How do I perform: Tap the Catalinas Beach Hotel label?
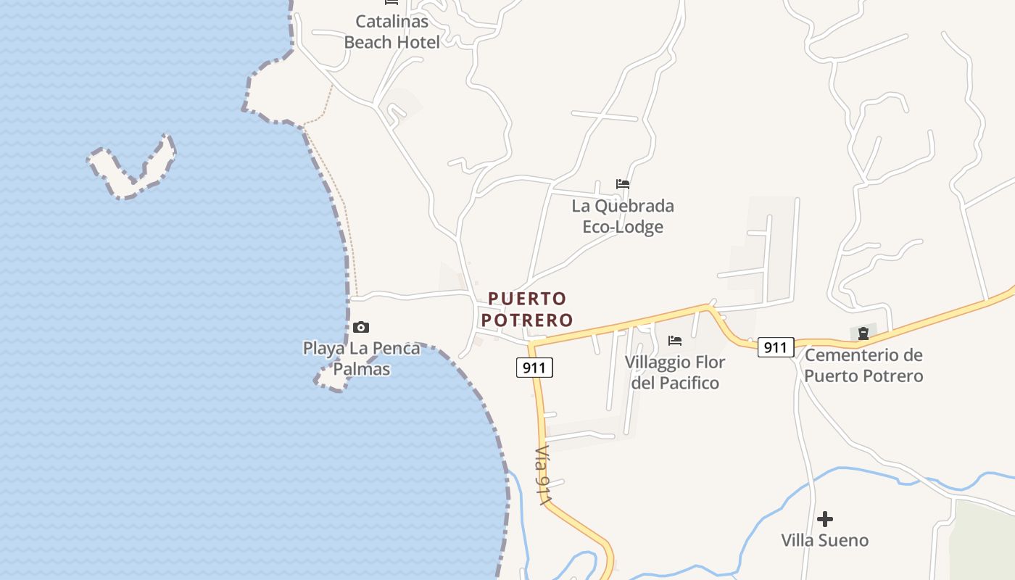pyautogui.click(x=391, y=32)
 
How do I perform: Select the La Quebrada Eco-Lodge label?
pyautogui.click(x=623, y=216)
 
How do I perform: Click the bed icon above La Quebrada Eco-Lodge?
pyautogui.click(x=623, y=184)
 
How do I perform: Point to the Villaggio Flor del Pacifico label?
pyautogui.click(x=675, y=372)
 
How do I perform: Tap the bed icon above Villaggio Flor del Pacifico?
pyautogui.click(x=675, y=340)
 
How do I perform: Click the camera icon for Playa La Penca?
pyautogui.click(x=361, y=327)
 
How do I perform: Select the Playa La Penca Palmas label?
pyautogui.click(x=361, y=359)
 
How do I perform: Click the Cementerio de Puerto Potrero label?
pyautogui.click(x=863, y=365)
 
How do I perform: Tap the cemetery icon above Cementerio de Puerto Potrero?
pyautogui.click(x=863, y=333)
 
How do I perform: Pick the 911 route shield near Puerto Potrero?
pyautogui.click(x=535, y=368)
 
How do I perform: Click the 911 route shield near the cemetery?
pyautogui.click(x=776, y=347)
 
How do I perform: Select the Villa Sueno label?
pyautogui.click(x=824, y=540)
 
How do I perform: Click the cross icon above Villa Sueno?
pyautogui.click(x=824, y=519)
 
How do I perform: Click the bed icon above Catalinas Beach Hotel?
pyautogui.click(x=391, y=2)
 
